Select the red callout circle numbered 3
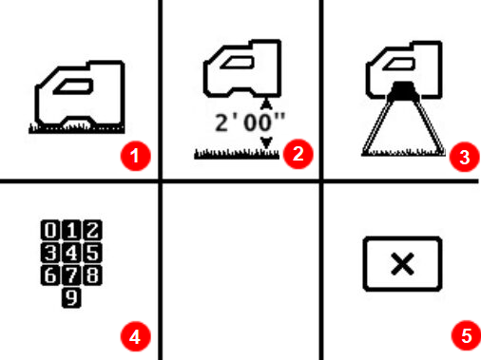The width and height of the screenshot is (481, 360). (x=463, y=158)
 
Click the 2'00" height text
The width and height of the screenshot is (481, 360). (x=238, y=121)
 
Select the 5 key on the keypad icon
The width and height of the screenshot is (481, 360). (x=95, y=252)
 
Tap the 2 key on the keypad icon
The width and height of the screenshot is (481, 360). (x=95, y=229)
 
